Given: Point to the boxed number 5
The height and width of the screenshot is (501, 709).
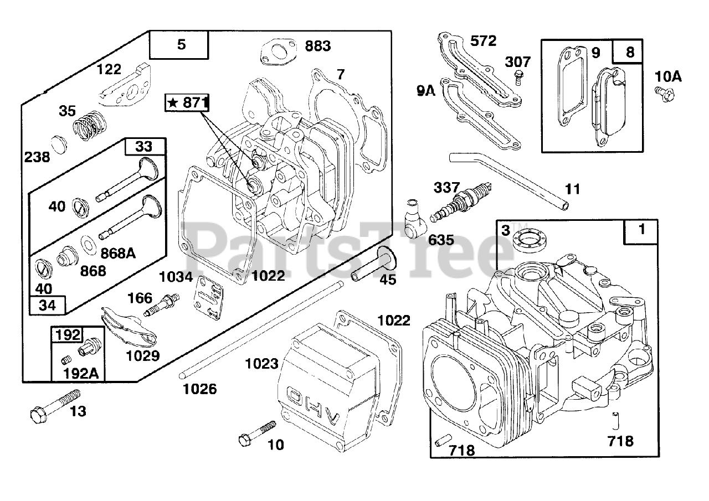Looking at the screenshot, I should point(181,45).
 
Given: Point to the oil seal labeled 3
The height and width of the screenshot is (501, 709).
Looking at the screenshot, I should point(528,241).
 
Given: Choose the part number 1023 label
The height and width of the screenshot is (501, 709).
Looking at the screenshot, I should point(262,364).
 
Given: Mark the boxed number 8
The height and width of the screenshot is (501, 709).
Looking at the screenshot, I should point(630,52).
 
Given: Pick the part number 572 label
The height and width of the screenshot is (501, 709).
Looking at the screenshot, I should point(483,40).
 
